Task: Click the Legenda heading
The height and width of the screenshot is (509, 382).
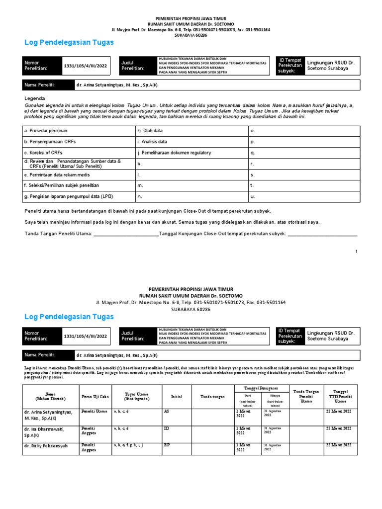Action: (35, 98)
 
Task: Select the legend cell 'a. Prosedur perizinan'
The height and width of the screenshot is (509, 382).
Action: (45, 130)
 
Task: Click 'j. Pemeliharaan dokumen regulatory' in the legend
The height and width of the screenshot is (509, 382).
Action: (175, 153)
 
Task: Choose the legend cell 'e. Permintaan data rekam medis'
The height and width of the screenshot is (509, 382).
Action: (56, 175)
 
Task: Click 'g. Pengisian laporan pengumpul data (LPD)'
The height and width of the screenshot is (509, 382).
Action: (68, 197)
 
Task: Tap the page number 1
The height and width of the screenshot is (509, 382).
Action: (356, 252)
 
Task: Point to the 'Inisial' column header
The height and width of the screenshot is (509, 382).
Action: (177, 397)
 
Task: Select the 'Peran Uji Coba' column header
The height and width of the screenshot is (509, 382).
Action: (95, 397)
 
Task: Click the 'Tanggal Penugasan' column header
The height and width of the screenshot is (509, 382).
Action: (262, 388)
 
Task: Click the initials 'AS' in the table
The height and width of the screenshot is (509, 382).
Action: (167, 412)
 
